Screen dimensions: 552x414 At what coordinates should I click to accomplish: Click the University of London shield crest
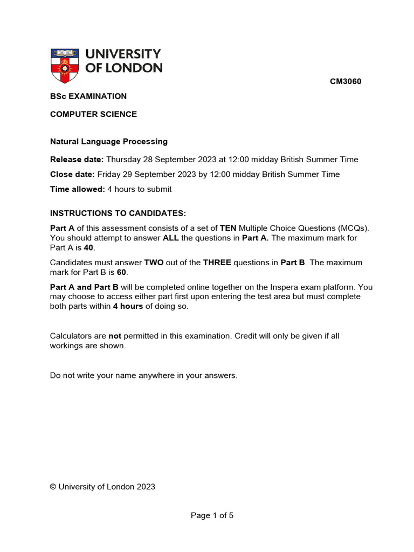[x=63, y=66]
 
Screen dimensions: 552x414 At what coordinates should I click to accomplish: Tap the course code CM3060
[x=346, y=82]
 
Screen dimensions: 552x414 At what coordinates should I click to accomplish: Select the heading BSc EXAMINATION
[x=88, y=96]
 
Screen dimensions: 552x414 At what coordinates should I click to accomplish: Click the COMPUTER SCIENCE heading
[x=93, y=114]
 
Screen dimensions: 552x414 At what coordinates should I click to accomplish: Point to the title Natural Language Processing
[x=109, y=142]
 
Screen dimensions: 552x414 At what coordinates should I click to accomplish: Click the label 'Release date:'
[x=77, y=160]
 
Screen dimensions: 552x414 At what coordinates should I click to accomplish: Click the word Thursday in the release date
[x=124, y=160]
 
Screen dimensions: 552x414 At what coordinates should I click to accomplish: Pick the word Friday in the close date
[x=108, y=174]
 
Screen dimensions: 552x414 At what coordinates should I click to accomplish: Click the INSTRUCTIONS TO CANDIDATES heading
[x=118, y=214]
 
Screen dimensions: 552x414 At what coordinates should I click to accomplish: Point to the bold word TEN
[x=228, y=228]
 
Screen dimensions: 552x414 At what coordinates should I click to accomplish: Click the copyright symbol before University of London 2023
[x=53, y=487]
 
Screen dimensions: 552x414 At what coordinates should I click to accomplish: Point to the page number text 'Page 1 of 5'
[x=212, y=515]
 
